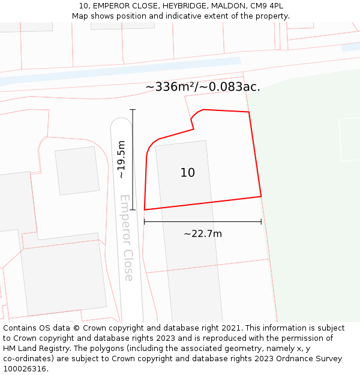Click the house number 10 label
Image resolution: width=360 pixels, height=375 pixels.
click(x=188, y=173)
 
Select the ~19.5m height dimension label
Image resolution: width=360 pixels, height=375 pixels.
click(x=122, y=160)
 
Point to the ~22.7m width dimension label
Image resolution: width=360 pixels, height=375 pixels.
click(x=203, y=233)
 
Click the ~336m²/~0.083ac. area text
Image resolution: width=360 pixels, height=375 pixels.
click(x=203, y=87)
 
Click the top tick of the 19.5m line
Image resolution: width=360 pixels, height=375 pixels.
click(x=133, y=110)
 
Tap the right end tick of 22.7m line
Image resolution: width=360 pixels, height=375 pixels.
click(x=261, y=222)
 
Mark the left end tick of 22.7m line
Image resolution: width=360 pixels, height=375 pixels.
click(x=145, y=222)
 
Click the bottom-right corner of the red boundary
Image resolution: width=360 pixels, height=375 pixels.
click(x=261, y=196)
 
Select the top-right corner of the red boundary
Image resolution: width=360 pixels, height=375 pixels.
click(x=248, y=112)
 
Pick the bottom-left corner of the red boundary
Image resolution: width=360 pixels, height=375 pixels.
click(x=145, y=210)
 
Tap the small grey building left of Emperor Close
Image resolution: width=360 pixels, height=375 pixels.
click(x=77, y=170)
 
